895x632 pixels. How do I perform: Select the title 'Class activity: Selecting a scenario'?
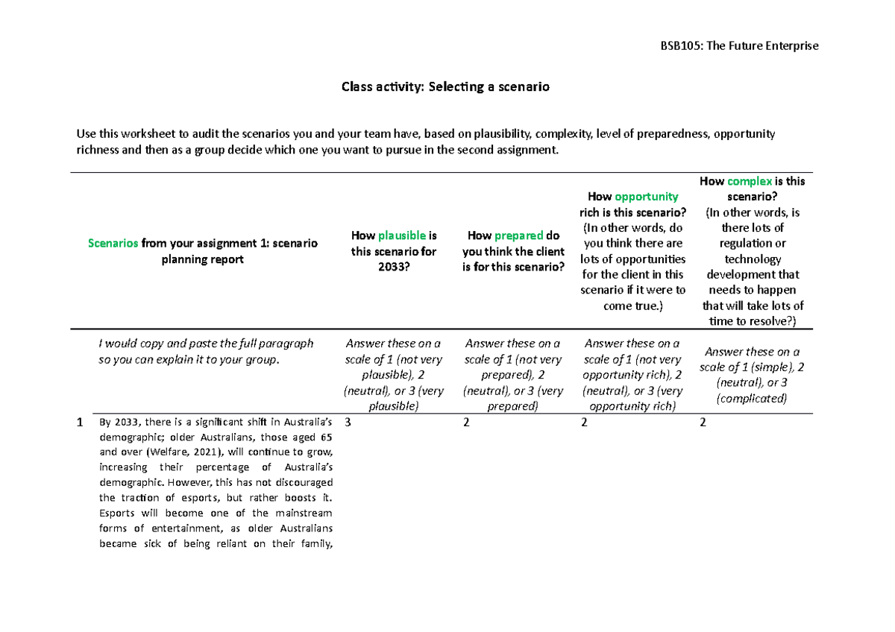coord(445,86)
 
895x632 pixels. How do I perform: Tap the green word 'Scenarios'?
coord(113,244)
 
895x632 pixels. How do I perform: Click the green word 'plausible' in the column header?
coord(402,236)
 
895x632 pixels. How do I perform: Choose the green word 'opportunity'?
coord(646,197)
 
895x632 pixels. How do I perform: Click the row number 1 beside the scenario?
coord(79,423)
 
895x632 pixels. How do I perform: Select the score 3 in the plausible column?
coord(348,423)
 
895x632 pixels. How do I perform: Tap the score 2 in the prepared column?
coord(467,423)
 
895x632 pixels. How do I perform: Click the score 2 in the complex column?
coord(704,423)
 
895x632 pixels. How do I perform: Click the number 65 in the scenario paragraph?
coord(326,437)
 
